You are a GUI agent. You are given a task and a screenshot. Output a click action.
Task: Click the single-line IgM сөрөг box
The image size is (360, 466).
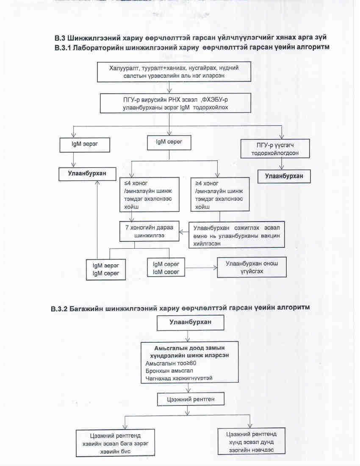(169, 142)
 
